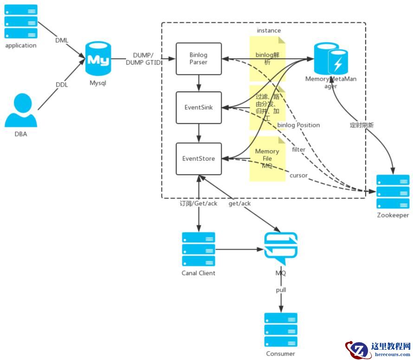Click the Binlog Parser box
(x=199, y=58)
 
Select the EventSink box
(x=199, y=107)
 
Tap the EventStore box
(x=199, y=159)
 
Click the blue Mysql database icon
(x=98, y=59)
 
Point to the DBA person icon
(x=21, y=110)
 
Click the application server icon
(x=21, y=21)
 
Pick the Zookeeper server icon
(x=393, y=192)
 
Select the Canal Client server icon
(x=199, y=249)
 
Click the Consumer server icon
(x=281, y=330)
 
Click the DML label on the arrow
(x=62, y=40)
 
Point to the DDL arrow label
(x=62, y=85)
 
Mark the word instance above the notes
(x=269, y=31)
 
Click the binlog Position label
(x=299, y=125)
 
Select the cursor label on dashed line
(x=298, y=175)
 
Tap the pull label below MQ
(x=281, y=290)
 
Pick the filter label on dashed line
(x=298, y=149)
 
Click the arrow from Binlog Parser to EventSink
(x=199, y=83)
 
